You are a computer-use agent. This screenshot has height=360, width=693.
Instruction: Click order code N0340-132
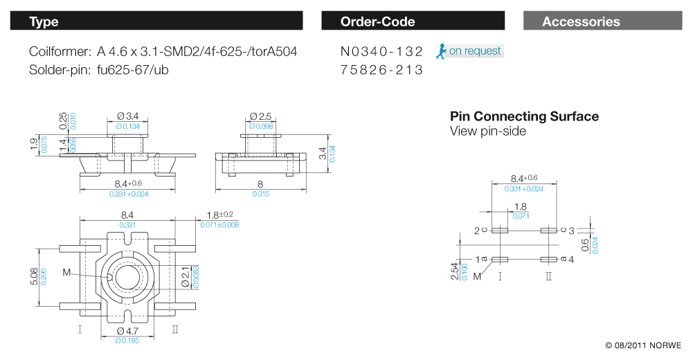coord(381,51)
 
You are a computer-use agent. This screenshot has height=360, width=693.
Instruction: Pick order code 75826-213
coord(381,70)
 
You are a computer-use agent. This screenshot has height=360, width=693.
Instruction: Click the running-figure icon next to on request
coord(440,51)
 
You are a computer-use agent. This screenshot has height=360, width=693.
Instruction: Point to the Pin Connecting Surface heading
coord(524,116)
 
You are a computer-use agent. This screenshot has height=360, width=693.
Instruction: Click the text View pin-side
coord(487,131)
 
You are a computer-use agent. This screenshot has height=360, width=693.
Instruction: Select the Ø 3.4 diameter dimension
coord(128,116)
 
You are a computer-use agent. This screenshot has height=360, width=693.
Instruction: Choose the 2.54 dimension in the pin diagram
coord(455,270)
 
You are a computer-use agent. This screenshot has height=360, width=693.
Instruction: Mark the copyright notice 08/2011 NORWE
coord(643,345)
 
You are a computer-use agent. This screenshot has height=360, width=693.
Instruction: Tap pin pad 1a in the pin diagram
coord(500,259)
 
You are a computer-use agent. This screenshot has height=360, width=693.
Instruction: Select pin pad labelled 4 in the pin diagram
coord(549,259)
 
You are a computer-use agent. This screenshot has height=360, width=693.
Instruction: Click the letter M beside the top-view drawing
coord(66,273)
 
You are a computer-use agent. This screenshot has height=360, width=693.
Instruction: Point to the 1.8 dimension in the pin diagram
coord(521,206)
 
